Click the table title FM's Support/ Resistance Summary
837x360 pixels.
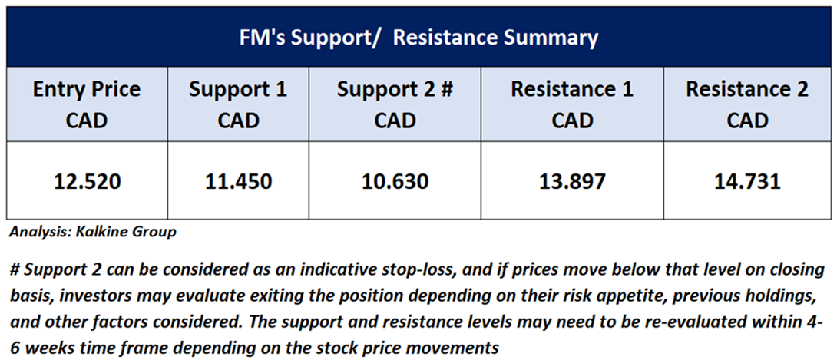418,38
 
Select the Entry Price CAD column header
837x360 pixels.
87,104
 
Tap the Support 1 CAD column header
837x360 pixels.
238,104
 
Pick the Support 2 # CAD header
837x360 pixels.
395,104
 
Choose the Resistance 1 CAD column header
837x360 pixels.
572,104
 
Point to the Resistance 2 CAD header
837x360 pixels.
747,104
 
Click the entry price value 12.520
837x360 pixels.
87,182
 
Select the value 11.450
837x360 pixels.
238,182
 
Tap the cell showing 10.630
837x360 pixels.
395,182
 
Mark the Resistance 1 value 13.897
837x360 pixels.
572,182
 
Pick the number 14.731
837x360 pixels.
747,182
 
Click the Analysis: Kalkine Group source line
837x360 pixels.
92,233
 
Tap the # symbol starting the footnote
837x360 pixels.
15,270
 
